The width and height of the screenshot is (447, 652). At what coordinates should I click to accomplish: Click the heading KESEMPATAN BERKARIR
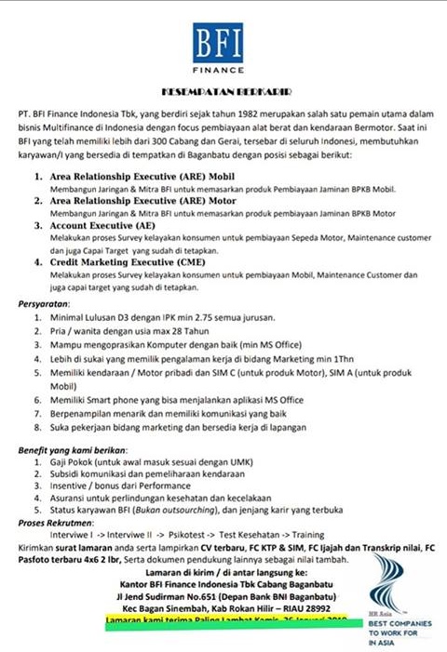(223, 93)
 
